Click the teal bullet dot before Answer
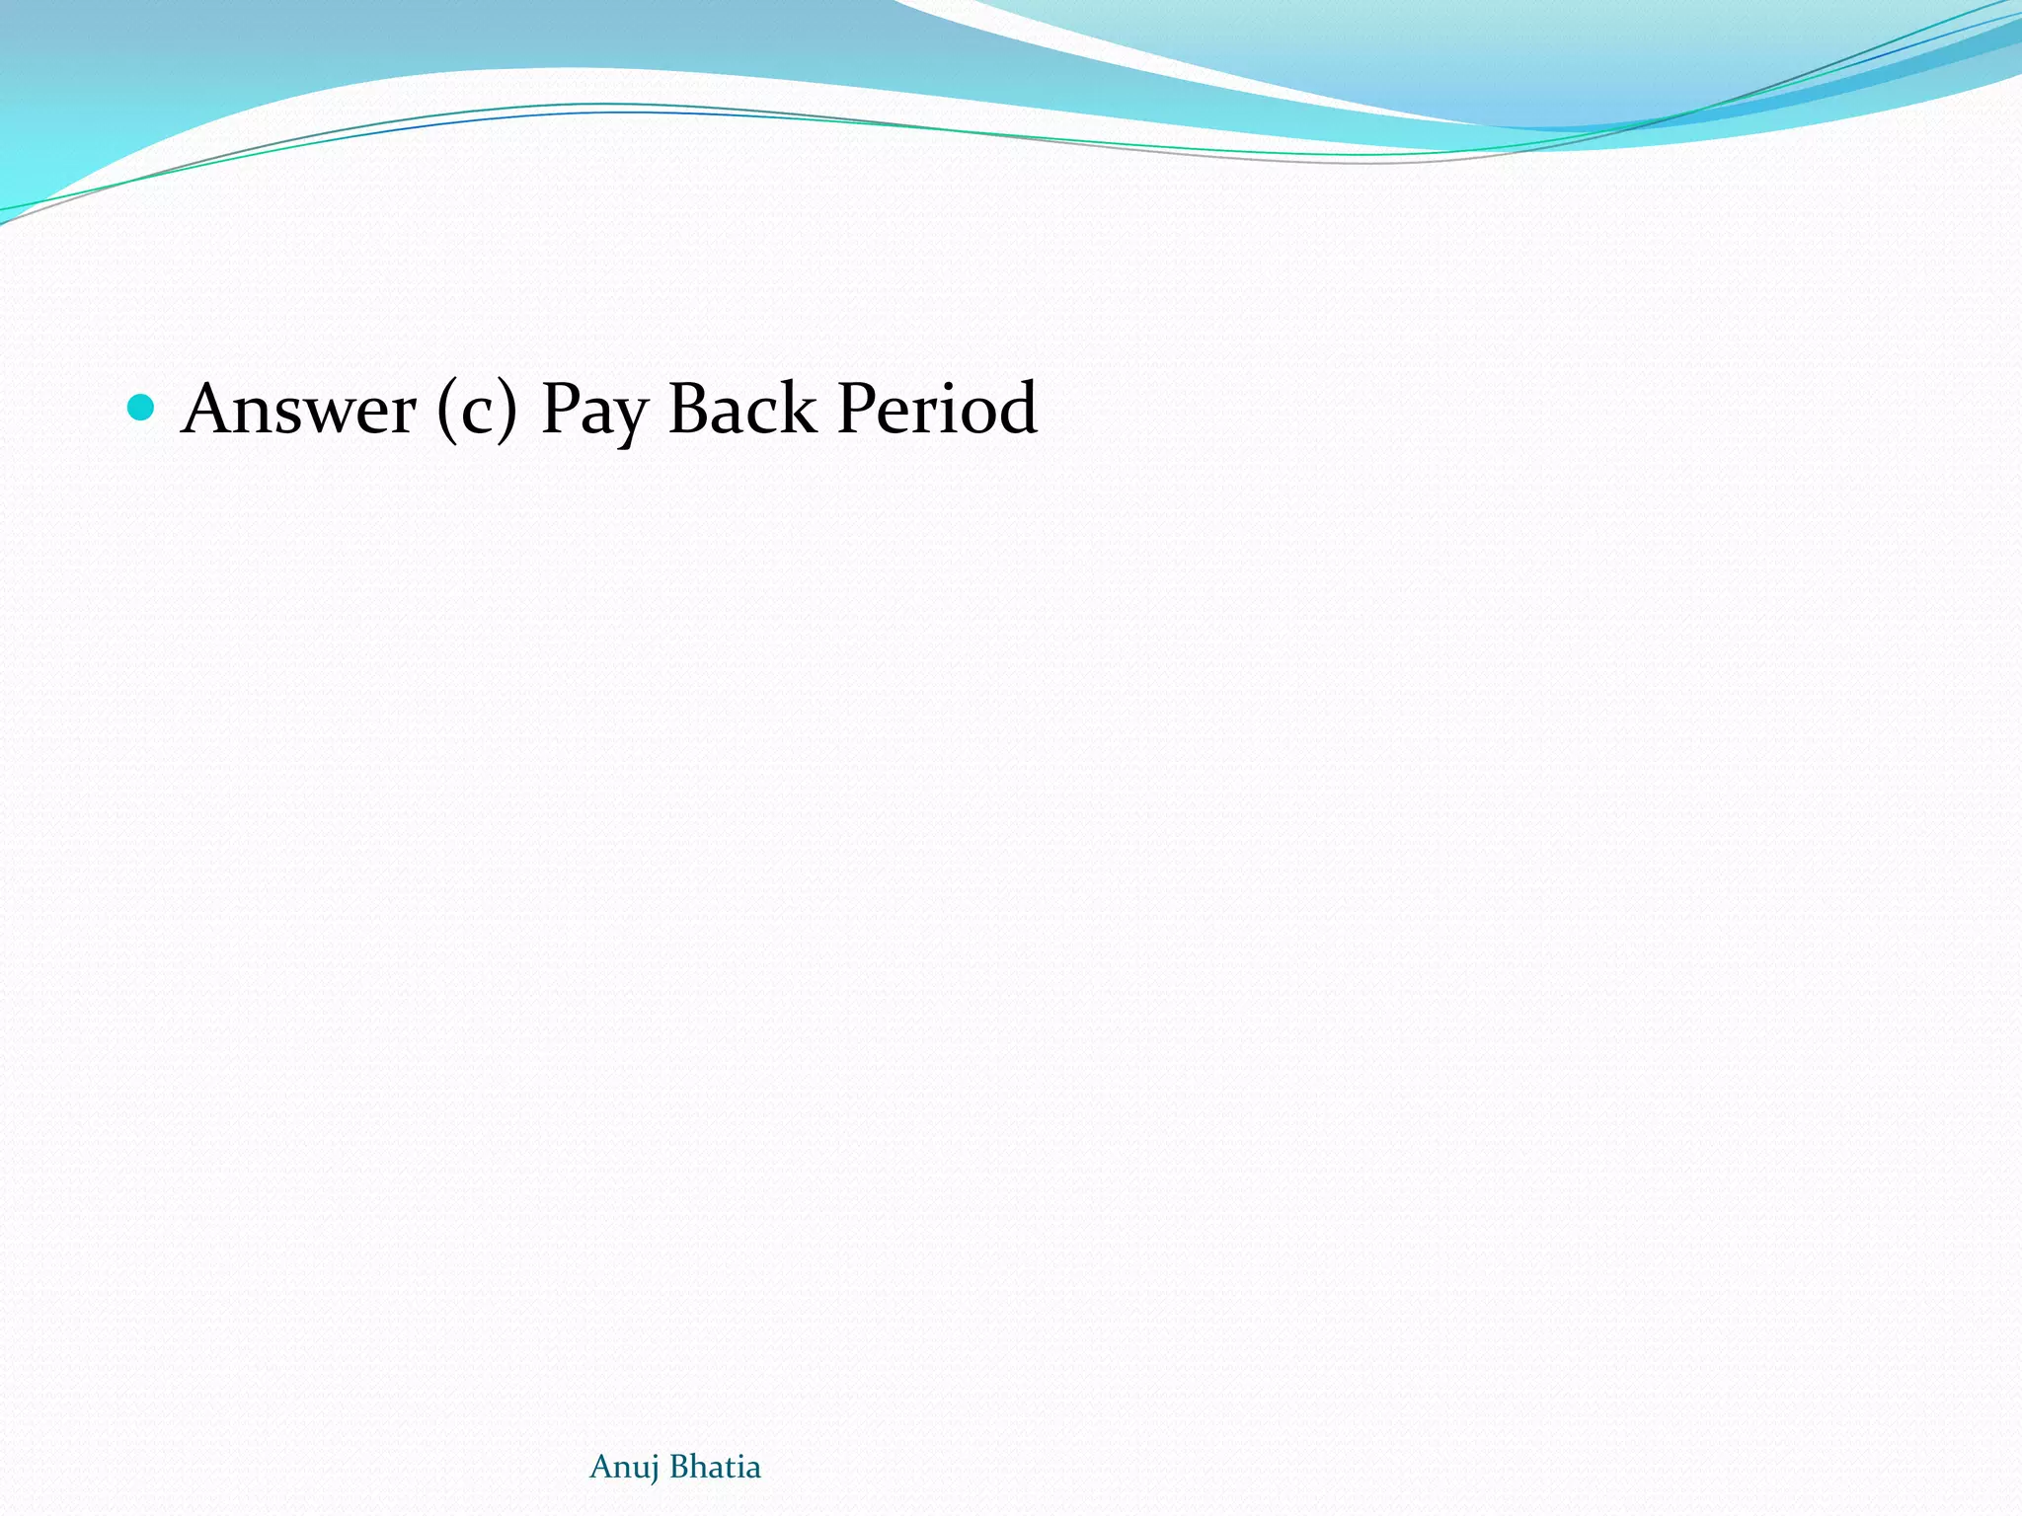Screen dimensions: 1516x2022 tap(141, 407)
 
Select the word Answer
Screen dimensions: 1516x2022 tap(299, 409)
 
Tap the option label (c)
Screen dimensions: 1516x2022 tap(477, 409)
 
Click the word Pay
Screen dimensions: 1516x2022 tap(593, 411)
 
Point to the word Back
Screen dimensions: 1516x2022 tap(742, 409)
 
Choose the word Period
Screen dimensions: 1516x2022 tap(937, 409)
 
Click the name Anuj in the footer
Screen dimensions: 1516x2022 tap(624, 1468)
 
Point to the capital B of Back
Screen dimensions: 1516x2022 tap(688, 409)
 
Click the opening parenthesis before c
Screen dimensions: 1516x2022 tap(445, 411)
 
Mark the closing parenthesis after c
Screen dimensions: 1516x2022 tap(507, 411)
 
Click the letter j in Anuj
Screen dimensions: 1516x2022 tap(654, 1470)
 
